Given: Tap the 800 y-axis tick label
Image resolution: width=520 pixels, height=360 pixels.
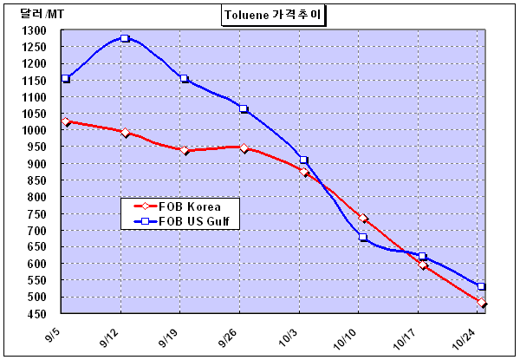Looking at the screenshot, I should click(37, 197).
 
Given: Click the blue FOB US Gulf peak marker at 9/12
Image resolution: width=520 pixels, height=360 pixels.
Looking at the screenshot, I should click(125, 39).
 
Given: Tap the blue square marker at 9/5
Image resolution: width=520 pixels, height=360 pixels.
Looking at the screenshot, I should click(65, 79).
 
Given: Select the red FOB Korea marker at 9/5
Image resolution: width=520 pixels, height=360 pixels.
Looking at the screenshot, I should click(65, 122).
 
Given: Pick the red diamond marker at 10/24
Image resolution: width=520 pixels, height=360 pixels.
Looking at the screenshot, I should click(482, 303).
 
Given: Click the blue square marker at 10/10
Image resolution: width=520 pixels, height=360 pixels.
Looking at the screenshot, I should click(363, 237).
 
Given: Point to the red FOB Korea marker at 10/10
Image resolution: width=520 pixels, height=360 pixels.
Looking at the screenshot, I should click(363, 219).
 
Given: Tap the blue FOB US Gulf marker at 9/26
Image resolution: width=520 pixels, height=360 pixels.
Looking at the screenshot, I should click(244, 109).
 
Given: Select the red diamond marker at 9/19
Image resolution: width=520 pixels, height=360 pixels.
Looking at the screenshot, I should click(185, 150).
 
